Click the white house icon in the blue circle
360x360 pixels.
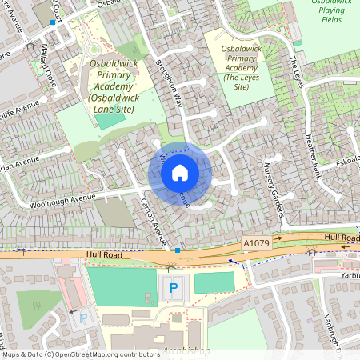[x=180, y=172]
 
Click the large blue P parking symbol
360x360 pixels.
[x=174, y=287]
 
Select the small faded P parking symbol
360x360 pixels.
[x=84, y=318]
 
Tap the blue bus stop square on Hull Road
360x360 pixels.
[x=177, y=250]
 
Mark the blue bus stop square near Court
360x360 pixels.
[x=53, y=22]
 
